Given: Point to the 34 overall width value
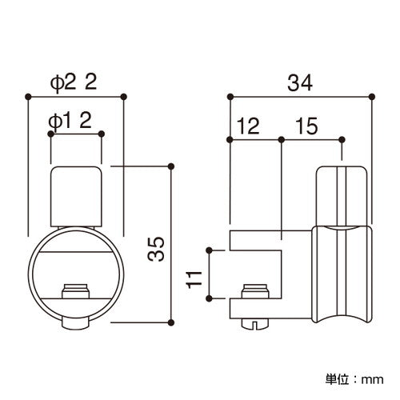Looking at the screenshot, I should [x=300, y=82].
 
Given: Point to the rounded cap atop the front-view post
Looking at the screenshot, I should [x=76, y=192].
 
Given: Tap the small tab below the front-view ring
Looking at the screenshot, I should [x=76, y=323].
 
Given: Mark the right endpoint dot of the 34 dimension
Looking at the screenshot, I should [x=371, y=97].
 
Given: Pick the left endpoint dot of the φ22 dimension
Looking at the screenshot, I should [x=29, y=97].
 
